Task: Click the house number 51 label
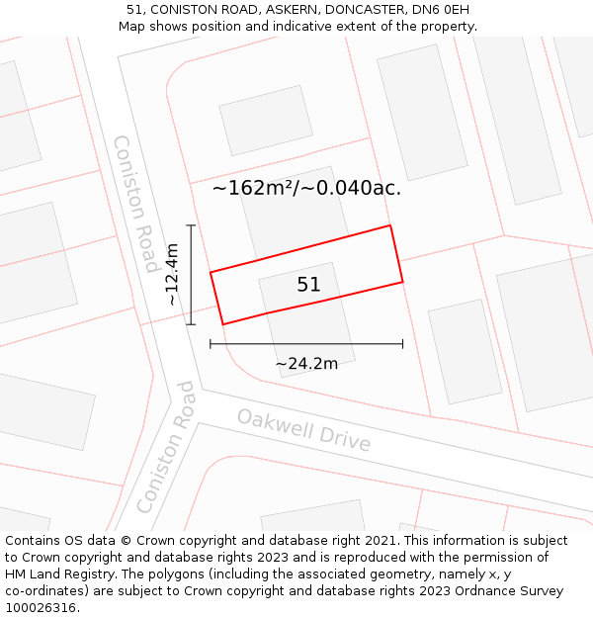coord(308,285)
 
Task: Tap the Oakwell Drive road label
coord(304,430)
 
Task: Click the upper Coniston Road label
coord(137,204)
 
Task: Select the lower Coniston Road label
coord(165,447)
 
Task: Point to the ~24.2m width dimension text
coord(306,364)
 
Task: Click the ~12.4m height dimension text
coord(172,275)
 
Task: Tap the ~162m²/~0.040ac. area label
coord(306,188)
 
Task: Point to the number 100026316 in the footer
coord(40,608)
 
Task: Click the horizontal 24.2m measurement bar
coord(306,344)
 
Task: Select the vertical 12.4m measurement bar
coord(191,275)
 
